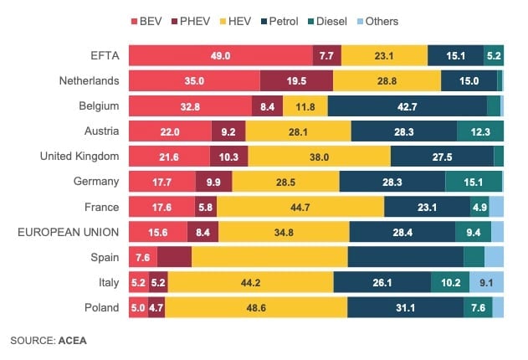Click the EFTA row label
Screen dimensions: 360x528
pos(105,56)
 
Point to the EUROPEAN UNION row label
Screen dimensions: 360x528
pos(69,232)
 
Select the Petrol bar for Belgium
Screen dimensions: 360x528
pos(407,106)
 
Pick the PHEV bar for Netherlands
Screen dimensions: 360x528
pos(296,81)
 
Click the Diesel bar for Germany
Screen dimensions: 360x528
pos(473,182)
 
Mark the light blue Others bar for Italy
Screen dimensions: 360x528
pos(486,282)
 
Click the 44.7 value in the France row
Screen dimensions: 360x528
pos(300,207)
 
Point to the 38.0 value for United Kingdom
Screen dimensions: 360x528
pos(319,157)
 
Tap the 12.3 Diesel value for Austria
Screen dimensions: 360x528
pos(480,131)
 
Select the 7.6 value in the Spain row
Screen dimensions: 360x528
pos(141,257)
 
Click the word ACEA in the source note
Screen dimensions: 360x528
pos(72,341)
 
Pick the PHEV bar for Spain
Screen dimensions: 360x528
pos(173,257)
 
